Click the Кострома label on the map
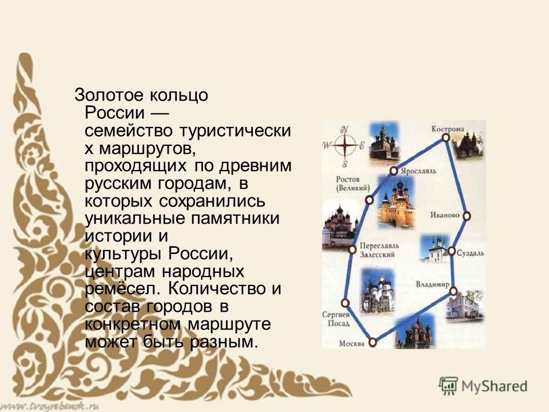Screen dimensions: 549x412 pos(448,129)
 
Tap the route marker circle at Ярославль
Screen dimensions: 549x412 pos(394,171)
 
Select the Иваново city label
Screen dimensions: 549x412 pos(445,215)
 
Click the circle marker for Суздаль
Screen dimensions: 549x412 pos(452,251)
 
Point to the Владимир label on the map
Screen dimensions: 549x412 pos(432,284)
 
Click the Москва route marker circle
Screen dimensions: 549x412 pos(373,342)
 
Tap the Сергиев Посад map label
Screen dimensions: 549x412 pos(336,319)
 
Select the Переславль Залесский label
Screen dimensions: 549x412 pos(379,250)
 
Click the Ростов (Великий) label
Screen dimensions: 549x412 pos(353,184)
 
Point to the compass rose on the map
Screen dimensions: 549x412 pos(344,146)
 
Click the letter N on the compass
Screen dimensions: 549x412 pos(345,129)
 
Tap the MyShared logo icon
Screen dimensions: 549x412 pos(448,386)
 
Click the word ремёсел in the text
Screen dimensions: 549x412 pos(124,288)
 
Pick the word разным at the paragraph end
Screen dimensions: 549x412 pos(224,342)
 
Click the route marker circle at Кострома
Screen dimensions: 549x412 pos(445,137)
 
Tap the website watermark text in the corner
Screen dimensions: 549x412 pos(50,406)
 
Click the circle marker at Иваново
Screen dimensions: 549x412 pos(467,216)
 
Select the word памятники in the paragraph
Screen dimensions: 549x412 pos(235,219)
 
